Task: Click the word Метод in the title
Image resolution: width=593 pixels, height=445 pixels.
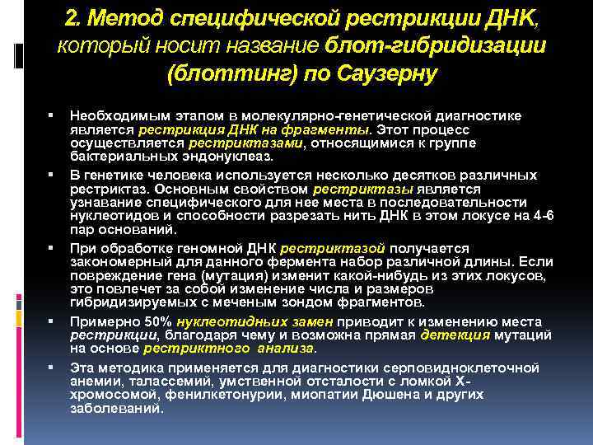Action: coord(123,17)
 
